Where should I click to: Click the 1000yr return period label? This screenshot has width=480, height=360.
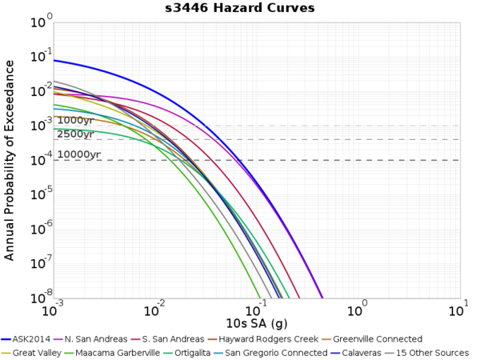(x=76, y=121)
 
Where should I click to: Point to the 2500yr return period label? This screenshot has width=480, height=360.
(x=76, y=134)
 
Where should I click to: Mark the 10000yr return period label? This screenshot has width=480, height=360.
(x=78, y=154)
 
